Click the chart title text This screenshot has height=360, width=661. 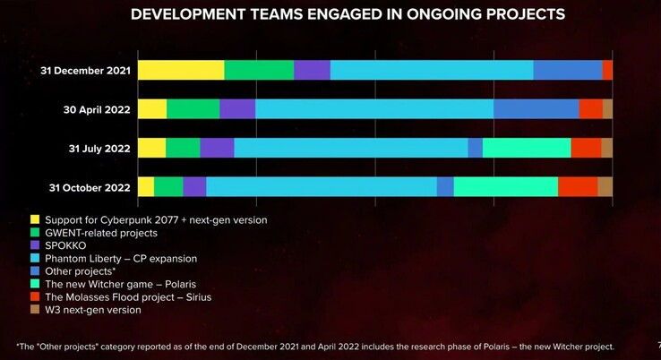tap(348, 15)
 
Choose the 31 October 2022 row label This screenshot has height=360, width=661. tap(85, 187)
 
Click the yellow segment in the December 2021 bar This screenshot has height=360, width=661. tap(180, 70)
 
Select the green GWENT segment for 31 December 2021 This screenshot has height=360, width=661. tap(258, 70)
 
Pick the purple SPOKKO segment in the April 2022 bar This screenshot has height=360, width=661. tap(237, 109)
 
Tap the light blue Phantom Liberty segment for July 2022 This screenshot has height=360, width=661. tap(350, 148)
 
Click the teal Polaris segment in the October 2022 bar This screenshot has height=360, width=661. tap(505, 186)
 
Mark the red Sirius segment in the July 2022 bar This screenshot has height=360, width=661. tap(586, 148)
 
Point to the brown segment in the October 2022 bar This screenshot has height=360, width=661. tap(605, 186)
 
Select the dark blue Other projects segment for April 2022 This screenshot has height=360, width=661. tap(536, 109)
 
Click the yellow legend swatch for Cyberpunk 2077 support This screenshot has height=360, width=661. tap(35, 219)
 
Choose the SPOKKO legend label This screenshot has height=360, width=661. tap(64, 245)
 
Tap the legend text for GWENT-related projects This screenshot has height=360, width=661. tap(100, 233)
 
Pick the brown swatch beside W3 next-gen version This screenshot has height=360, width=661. tap(35, 311)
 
